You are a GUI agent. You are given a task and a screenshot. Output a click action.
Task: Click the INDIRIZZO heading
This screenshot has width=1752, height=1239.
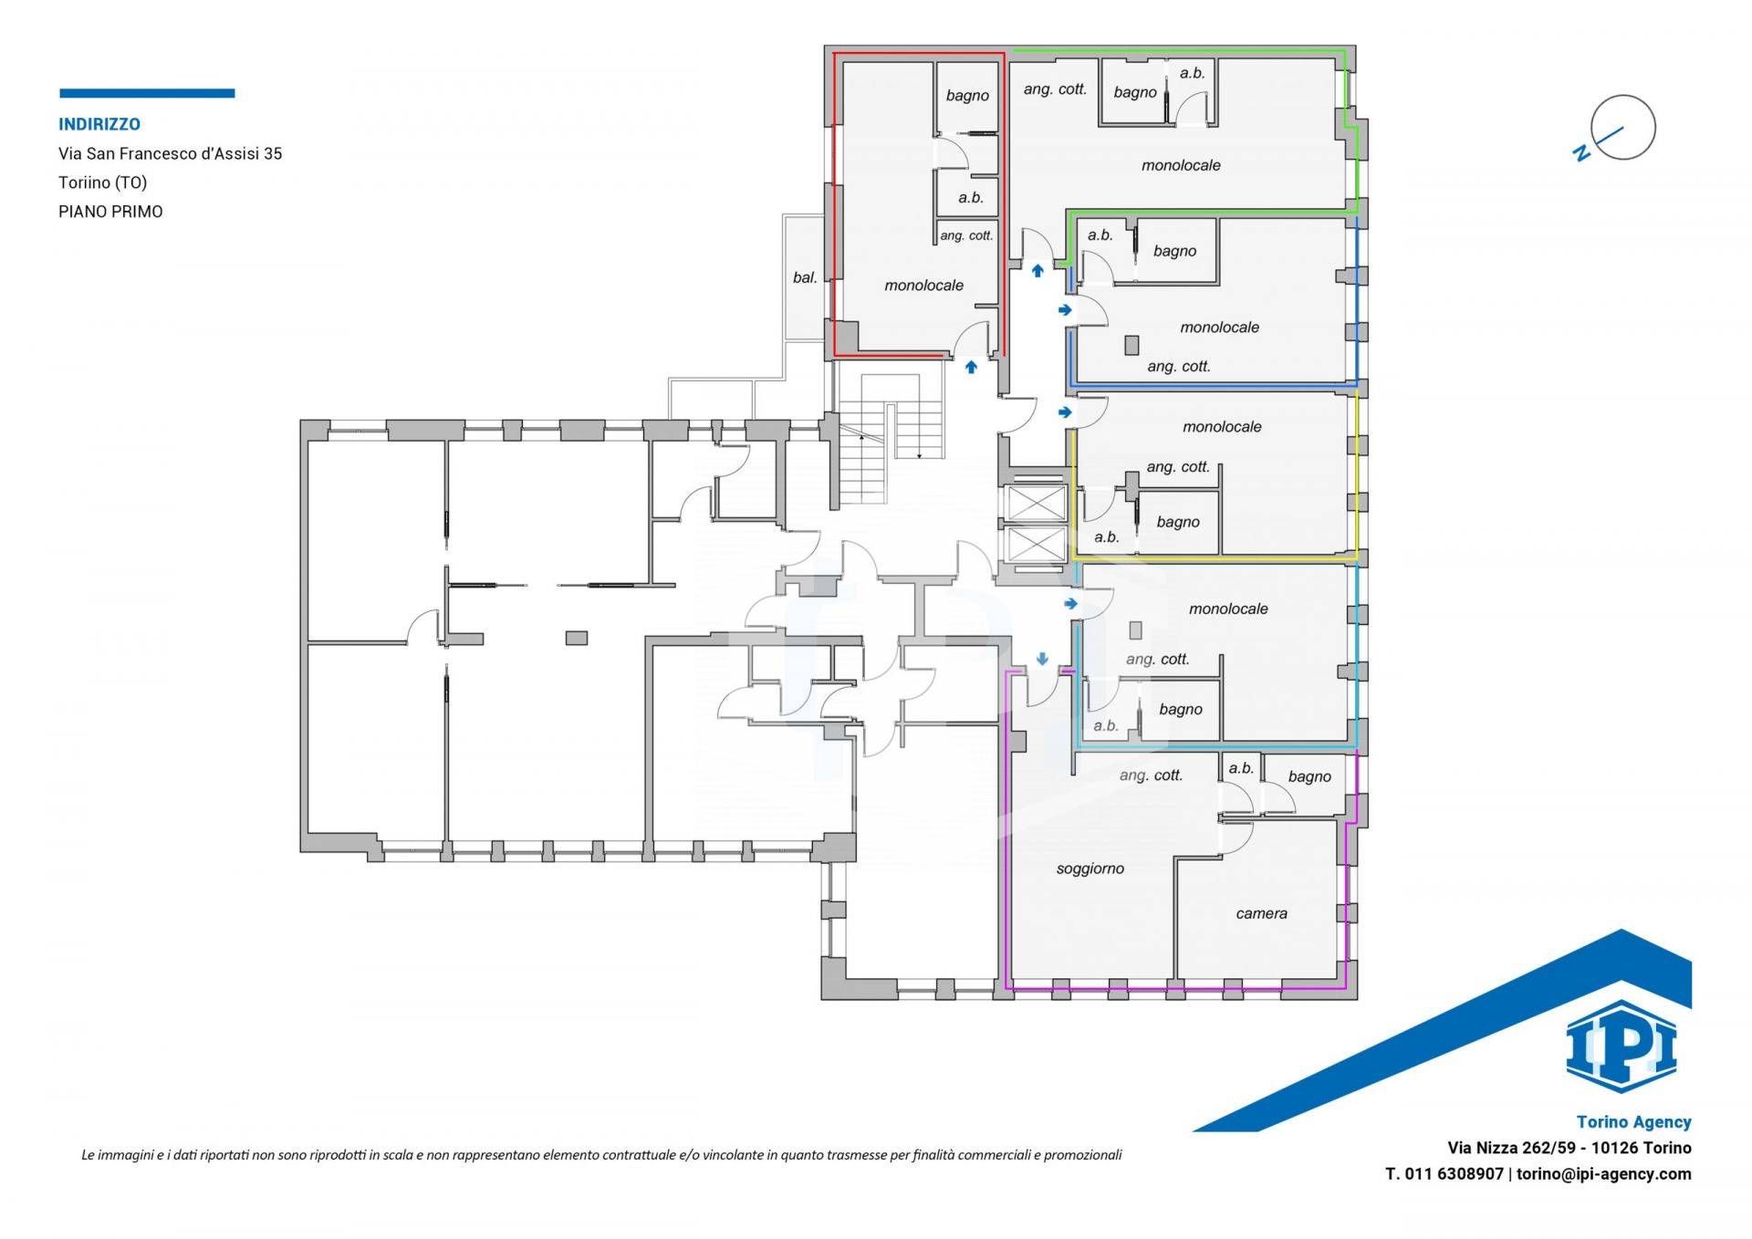(x=99, y=124)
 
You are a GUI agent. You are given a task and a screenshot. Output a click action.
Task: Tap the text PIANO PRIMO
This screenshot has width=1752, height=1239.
(x=110, y=212)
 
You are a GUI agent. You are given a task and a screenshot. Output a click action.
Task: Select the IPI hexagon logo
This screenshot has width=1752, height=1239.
(x=1621, y=1046)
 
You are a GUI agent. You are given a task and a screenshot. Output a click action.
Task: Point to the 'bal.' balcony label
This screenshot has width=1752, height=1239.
(x=805, y=277)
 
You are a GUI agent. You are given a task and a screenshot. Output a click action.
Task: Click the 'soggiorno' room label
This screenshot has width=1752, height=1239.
(x=1090, y=869)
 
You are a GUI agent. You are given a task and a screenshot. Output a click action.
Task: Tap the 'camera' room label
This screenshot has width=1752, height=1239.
(x=1261, y=913)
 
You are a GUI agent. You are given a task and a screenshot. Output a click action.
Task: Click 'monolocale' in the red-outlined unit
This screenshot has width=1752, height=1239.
(x=923, y=286)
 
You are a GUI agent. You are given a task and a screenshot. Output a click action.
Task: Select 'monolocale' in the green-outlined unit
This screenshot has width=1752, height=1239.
(x=1181, y=165)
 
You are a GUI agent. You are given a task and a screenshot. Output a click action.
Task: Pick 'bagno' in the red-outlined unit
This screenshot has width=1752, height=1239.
(x=967, y=96)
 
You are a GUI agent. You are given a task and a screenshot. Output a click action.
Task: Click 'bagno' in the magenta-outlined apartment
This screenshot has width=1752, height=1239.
(x=1309, y=777)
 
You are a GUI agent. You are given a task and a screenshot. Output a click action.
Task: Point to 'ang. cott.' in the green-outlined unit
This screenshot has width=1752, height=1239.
(x=1055, y=89)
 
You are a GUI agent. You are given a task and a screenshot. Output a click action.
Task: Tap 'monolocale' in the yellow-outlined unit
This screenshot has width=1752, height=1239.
(x=1222, y=427)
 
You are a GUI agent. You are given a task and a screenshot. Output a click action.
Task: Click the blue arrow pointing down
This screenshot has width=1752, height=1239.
(x=1042, y=659)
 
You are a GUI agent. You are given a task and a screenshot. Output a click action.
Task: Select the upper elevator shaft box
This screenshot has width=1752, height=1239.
(x=1035, y=503)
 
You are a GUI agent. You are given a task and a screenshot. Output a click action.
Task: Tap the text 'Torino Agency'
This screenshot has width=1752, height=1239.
(x=1633, y=1122)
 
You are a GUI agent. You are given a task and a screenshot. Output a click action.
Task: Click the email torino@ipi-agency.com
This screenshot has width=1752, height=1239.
(x=1603, y=1174)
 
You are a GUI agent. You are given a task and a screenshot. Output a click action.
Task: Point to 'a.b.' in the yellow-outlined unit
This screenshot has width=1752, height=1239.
(x=1106, y=537)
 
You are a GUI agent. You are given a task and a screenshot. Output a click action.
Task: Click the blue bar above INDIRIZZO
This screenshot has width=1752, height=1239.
(x=147, y=93)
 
